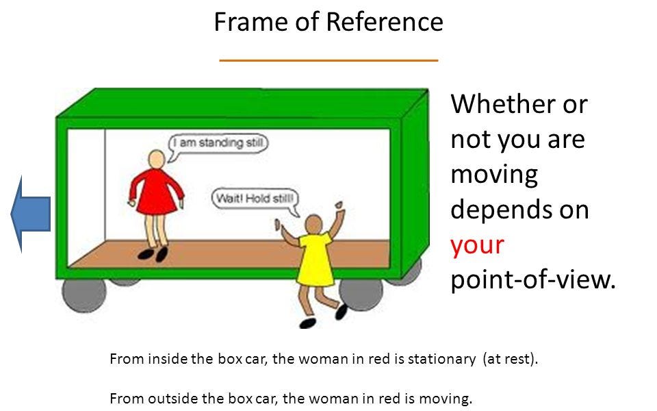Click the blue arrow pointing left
click(31, 213)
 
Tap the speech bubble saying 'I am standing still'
click(218, 143)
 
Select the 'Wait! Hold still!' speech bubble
click(255, 199)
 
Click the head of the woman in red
click(157, 159)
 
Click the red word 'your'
click(477, 245)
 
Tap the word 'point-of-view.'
click(533, 279)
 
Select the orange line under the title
click(328, 61)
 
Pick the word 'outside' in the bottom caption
click(168, 398)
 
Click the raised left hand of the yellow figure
click(279, 225)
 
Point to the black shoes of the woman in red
click(153, 254)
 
